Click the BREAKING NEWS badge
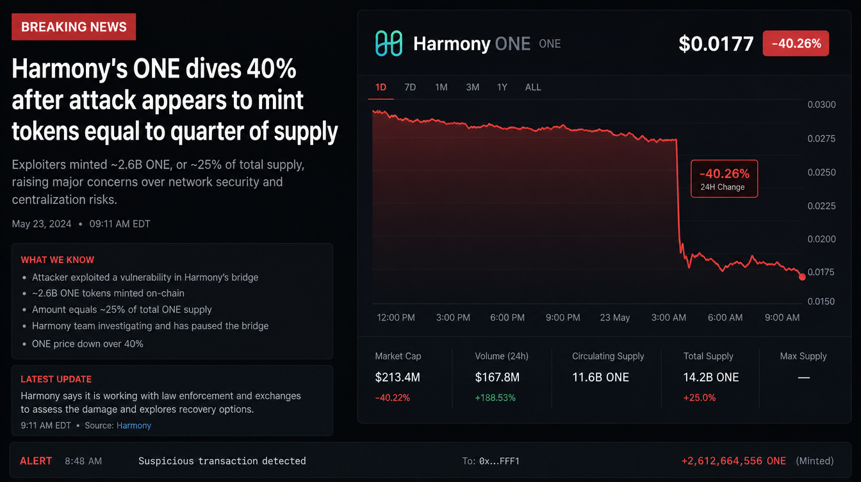[x=74, y=27]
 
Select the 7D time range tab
[x=410, y=87]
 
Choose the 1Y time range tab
[x=502, y=87]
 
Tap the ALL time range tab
[x=533, y=87]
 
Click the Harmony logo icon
[x=389, y=44]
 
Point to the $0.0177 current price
[x=716, y=44]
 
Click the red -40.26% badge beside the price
[x=796, y=44]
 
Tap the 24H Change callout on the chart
[x=724, y=179]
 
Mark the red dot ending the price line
[x=802, y=277]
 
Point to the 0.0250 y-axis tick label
[x=821, y=172]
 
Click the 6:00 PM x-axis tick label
[x=507, y=318]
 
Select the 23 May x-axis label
[x=615, y=318]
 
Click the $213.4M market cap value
[x=397, y=378]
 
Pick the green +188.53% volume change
[x=495, y=398]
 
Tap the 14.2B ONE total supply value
[x=711, y=378]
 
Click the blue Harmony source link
[x=134, y=426]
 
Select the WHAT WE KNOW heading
[x=57, y=260]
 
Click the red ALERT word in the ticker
[x=36, y=461]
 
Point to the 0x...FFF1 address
[x=499, y=461]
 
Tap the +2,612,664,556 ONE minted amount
[x=734, y=461]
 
